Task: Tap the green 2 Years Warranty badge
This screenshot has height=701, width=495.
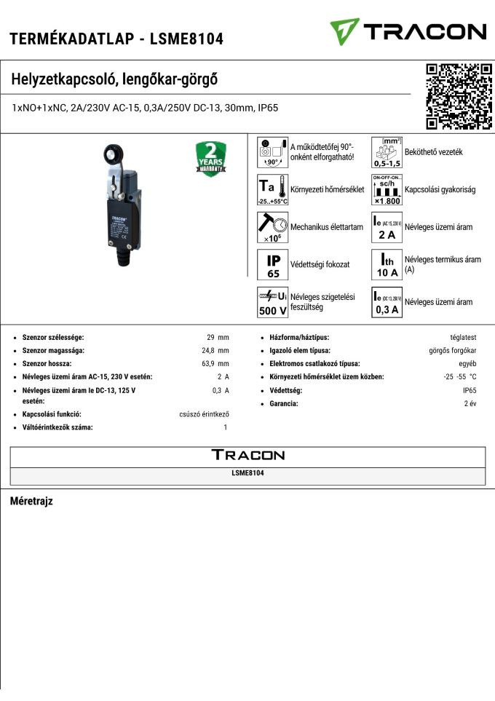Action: (x=211, y=158)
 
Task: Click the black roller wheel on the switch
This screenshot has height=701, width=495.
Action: (x=114, y=155)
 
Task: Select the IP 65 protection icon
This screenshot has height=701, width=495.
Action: (x=273, y=264)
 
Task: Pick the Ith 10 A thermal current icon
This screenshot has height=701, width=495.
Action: (x=387, y=264)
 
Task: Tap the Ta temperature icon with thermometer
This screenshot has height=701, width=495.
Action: (x=273, y=189)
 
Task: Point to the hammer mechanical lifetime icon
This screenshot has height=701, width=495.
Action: (x=273, y=226)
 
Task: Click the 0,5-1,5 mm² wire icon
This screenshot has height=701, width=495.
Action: (x=387, y=152)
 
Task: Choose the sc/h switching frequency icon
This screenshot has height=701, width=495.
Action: (x=387, y=189)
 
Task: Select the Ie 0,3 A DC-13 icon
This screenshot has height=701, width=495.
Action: (x=387, y=302)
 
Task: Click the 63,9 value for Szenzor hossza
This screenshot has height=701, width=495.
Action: (x=212, y=363)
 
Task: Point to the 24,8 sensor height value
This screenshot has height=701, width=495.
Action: (x=211, y=350)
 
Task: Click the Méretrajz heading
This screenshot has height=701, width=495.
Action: (x=31, y=502)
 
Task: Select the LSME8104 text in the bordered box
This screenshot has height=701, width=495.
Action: (x=247, y=473)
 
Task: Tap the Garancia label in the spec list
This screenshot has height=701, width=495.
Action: (x=284, y=403)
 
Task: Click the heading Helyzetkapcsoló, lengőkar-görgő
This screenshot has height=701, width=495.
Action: (x=115, y=79)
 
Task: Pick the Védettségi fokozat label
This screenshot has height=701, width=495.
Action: (x=320, y=264)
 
